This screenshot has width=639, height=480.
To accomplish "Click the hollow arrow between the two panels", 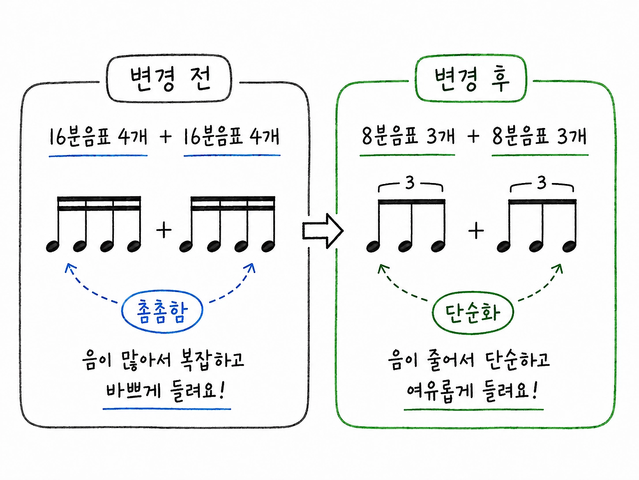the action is (x=323, y=231).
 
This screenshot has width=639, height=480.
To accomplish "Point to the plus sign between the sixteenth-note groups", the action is (x=164, y=230).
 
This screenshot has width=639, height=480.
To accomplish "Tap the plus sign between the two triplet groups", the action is (x=476, y=231).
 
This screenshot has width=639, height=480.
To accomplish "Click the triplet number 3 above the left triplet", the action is (x=410, y=183).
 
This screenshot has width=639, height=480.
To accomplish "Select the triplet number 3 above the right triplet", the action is (x=542, y=183).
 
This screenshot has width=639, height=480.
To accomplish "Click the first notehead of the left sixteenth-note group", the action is (x=53, y=246).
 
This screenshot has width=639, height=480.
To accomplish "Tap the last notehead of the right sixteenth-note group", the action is (x=268, y=246).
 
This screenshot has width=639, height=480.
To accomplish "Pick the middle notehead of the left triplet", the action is (x=405, y=246).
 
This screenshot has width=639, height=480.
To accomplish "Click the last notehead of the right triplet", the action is (x=569, y=246).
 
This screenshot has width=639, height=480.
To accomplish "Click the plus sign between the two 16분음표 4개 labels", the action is (x=166, y=136).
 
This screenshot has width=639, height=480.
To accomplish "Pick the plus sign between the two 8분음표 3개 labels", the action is (x=474, y=136).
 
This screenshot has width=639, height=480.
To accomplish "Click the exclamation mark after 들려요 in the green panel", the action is (x=535, y=389).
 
